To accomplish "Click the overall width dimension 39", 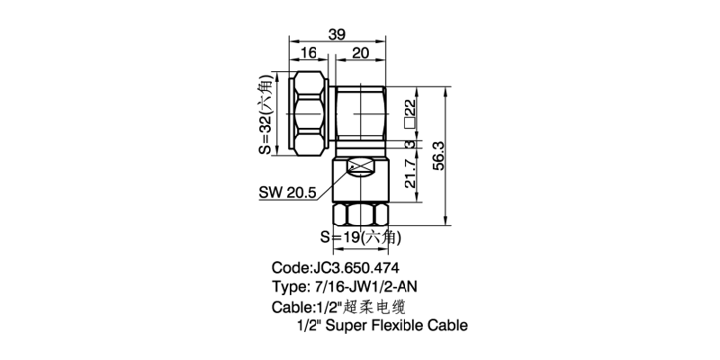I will [x=337, y=34].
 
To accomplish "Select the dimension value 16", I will [x=308, y=54].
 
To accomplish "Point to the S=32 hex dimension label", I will [x=265, y=114].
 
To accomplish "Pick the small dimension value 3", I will [x=409, y=145].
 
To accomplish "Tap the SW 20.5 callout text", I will [x=287, y=193].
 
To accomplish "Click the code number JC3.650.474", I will [x=355, y=268].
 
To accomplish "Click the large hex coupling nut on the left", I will [x=310, y=113].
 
